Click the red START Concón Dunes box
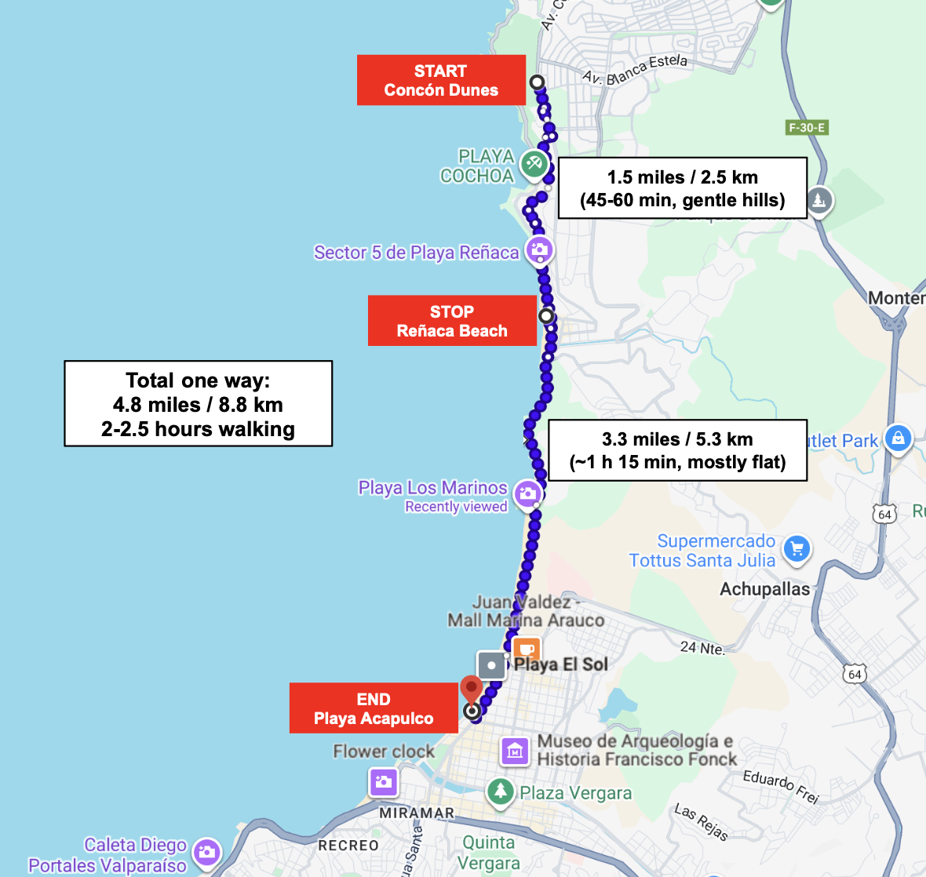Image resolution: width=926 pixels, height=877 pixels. [441, 80]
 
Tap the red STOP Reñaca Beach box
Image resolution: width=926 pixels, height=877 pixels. [452, 321]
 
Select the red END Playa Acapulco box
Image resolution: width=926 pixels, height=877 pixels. [374, 708]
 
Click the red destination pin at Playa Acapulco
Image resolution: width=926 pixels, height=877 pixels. [471, 690]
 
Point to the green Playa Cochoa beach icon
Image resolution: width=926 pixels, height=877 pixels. [534, 164]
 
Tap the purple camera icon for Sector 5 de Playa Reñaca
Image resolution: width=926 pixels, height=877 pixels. [539, 251]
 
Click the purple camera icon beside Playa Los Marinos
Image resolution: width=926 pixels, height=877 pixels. [528, 494]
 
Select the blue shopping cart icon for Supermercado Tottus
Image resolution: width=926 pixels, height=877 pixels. [797, 548]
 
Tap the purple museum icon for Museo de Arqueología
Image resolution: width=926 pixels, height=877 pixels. [515, 751]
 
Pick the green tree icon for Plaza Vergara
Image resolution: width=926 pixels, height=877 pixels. [500, 791]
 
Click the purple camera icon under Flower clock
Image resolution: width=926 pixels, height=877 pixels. [384, 781]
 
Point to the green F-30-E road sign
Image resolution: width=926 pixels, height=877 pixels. [807, 127]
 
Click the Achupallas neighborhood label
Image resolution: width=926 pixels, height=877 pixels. [764, 589]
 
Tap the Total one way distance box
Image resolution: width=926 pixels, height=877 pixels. [199, 404]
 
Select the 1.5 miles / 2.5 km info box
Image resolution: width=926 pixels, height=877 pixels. [682, 188]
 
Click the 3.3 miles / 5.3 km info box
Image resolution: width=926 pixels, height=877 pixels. [677, 450]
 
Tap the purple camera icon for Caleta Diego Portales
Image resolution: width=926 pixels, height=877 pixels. [207, 853]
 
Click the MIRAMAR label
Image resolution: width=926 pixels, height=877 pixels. [417, 813]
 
